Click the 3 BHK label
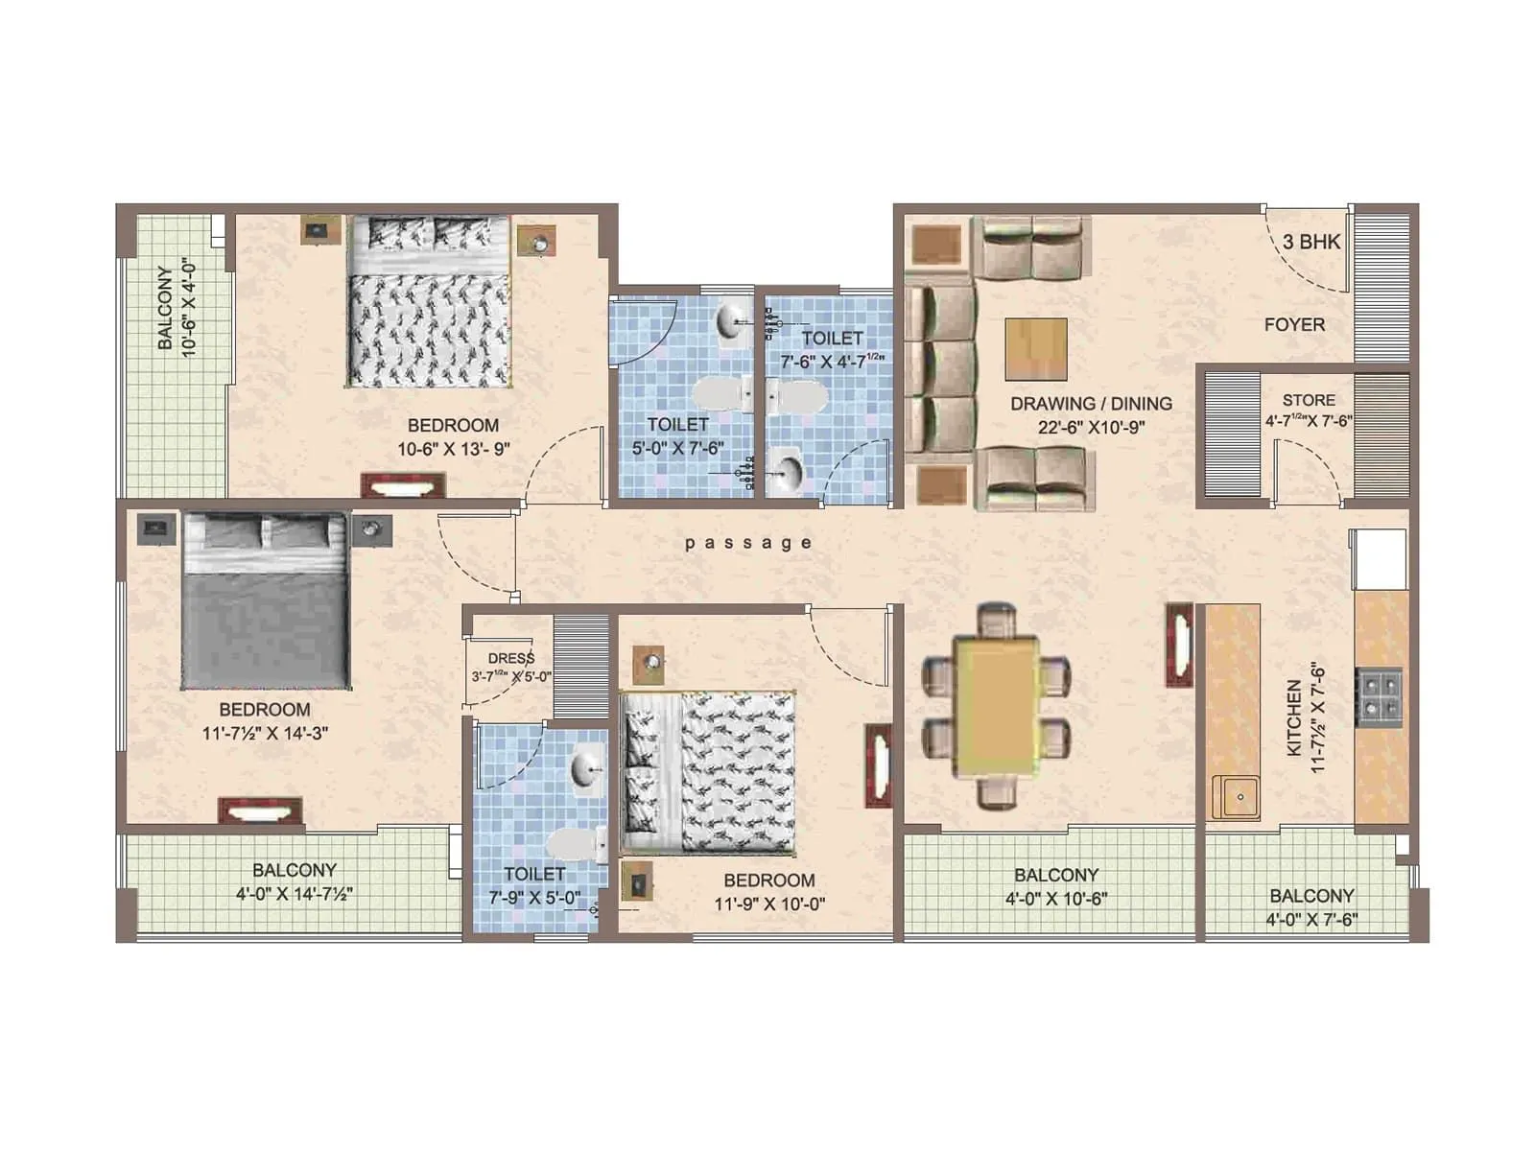pos(1311,242)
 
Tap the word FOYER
pos(1294,325)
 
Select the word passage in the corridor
pos(748,543)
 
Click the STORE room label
pos(1309,400)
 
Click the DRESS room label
pos(510,658)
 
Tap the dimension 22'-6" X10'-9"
pos(1091,428)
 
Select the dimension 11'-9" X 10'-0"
pos(769,904)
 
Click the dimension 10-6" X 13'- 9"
pos(453,448)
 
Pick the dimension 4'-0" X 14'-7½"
pos(295,894)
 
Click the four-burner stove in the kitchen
pos(1379,695)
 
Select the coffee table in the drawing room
pos(1036,349)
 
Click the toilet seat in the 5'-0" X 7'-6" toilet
pos(721,394)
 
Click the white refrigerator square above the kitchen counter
pos(1380,558)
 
